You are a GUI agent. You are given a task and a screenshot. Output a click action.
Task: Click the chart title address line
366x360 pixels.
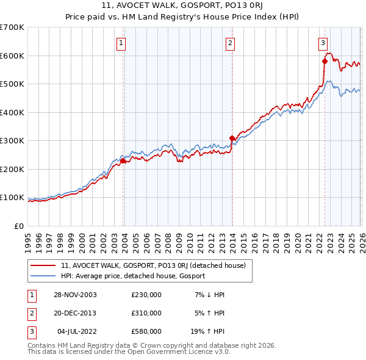coord(182,5)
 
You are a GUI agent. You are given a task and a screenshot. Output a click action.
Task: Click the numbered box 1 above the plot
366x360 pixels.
coord(121,43)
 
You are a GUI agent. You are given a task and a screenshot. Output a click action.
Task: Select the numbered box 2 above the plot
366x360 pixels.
coord(230,43)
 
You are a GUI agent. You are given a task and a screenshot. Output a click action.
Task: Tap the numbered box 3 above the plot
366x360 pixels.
coord(323,43)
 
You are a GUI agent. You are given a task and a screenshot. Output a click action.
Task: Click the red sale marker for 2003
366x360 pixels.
coord(123,161)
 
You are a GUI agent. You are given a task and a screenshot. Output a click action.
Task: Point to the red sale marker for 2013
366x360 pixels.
coord(232,138)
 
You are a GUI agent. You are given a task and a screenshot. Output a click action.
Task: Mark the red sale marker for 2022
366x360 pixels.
coord(325,62)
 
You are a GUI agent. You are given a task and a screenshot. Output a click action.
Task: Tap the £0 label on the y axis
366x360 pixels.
coord(20,226)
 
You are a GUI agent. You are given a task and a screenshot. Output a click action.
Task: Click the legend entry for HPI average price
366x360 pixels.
coord(133,276)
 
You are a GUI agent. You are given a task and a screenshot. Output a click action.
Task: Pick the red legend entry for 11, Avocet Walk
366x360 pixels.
coord(153,265)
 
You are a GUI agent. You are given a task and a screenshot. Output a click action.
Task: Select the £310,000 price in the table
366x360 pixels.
coord(146,313)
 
